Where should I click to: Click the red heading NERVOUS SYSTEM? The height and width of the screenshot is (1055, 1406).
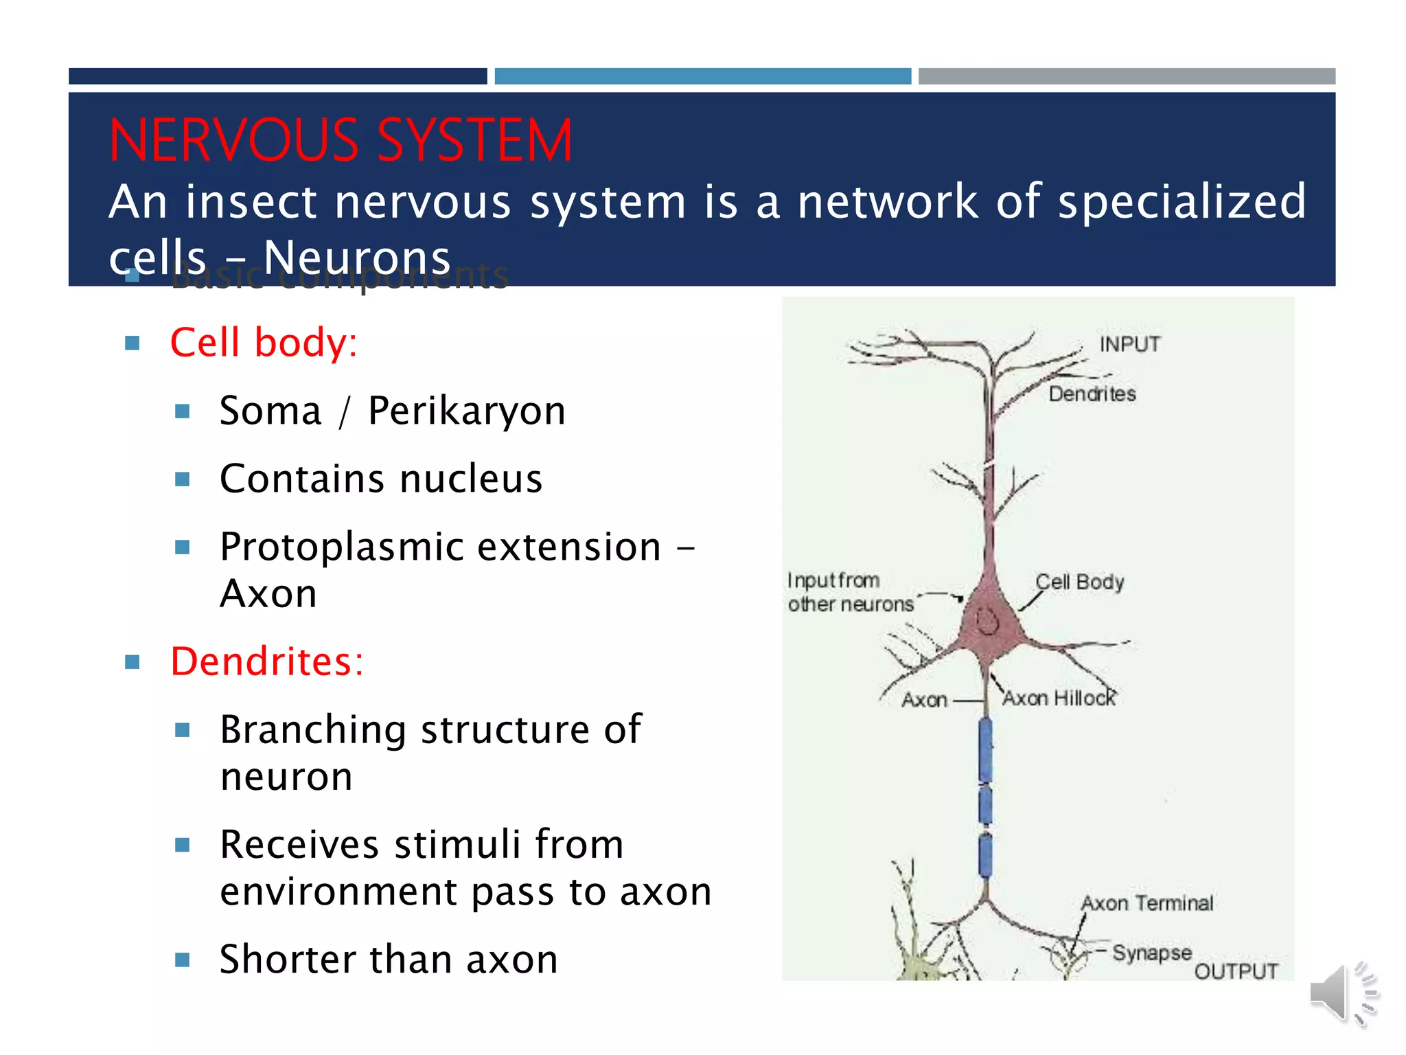click(341, 141)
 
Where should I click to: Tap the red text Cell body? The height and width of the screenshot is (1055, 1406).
click(264, 342)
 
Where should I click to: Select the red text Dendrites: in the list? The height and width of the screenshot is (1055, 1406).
click(266, 661)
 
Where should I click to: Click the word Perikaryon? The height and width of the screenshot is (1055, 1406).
click(467, 411)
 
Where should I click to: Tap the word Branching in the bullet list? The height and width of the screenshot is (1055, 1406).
click(313, 729)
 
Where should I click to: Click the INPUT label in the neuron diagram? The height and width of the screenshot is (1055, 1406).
click(1129, 344)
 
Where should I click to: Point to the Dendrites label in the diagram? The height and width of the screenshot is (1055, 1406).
click(1092, 394)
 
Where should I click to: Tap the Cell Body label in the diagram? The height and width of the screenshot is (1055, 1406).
click(1079, 582)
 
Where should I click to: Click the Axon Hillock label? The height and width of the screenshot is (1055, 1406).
click(1059, 699)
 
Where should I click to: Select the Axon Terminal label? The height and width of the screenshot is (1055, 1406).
click(1147, 903)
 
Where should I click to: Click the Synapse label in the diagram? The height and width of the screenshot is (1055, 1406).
click(1151, 953)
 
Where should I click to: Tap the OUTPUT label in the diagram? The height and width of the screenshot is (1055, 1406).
click(1236, 971)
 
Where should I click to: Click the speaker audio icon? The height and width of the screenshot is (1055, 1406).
click(1343, 993)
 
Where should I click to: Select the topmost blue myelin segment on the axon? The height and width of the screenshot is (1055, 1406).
click(985, 750)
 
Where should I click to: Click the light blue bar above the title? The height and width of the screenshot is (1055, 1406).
click(702, 76)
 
